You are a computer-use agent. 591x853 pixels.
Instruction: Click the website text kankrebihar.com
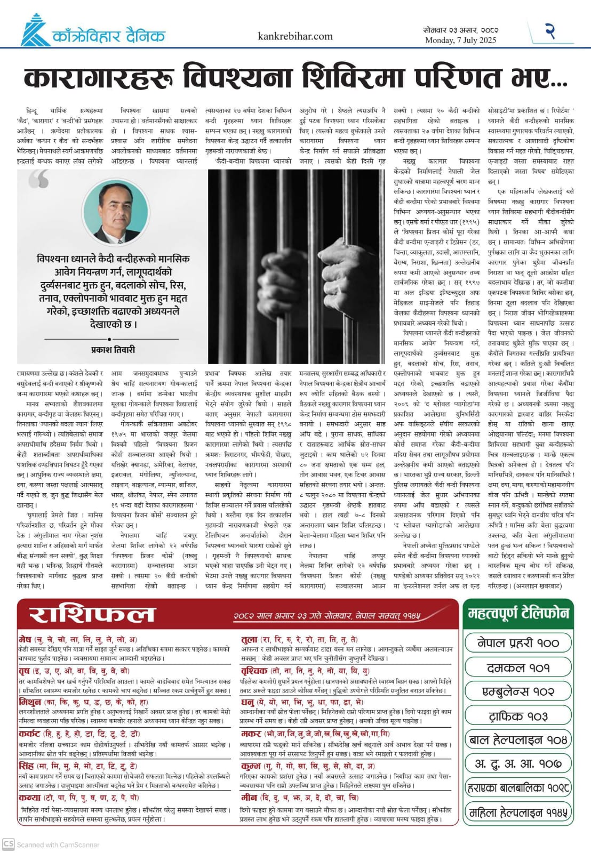click(x=295, y=36)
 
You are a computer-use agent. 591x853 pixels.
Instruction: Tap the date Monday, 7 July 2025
click(x=460, y=40)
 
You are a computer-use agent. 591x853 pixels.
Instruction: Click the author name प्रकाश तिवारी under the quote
click(x=113, y=350)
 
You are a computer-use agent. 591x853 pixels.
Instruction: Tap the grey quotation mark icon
click(x=39, y=180)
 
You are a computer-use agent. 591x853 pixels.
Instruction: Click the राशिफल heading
click(x=91, y=614)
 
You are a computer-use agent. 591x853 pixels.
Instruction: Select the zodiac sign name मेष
click(x=25, y=639)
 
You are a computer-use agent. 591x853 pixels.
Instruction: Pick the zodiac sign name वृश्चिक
click(x=254, y=670)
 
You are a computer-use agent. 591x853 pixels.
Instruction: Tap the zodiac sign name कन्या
click(x=29, y=797)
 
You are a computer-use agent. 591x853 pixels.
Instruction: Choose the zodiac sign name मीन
click(x=249, y=797)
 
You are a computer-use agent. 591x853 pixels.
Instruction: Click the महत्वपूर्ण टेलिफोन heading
click(x=518, y=613)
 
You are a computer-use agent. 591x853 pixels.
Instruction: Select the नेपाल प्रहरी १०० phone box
click(x=518, y=643)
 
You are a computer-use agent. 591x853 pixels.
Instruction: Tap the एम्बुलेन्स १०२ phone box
click(x=518, y=691)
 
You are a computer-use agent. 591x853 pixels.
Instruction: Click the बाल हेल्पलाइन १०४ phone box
click(x=518, y=739)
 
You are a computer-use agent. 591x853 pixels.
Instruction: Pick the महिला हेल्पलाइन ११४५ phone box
click(x=518, y=812)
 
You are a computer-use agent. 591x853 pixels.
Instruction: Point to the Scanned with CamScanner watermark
click(x=51, y=844)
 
